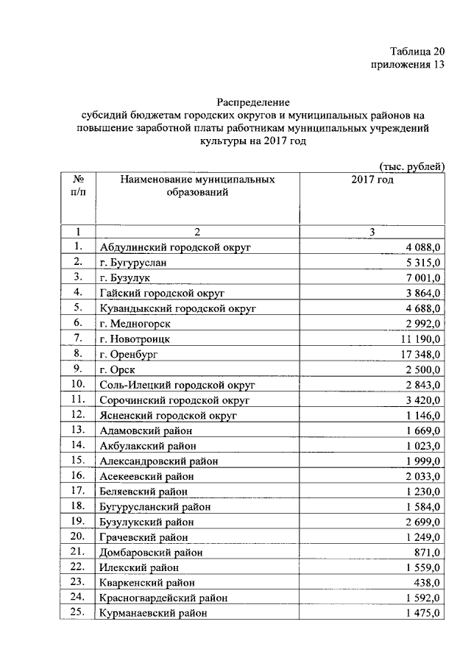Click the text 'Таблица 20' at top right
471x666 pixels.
(x=417, y=51)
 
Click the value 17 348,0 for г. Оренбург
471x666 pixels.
(x=417, y=354)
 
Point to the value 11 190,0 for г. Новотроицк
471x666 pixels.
(x=417, y=339)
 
